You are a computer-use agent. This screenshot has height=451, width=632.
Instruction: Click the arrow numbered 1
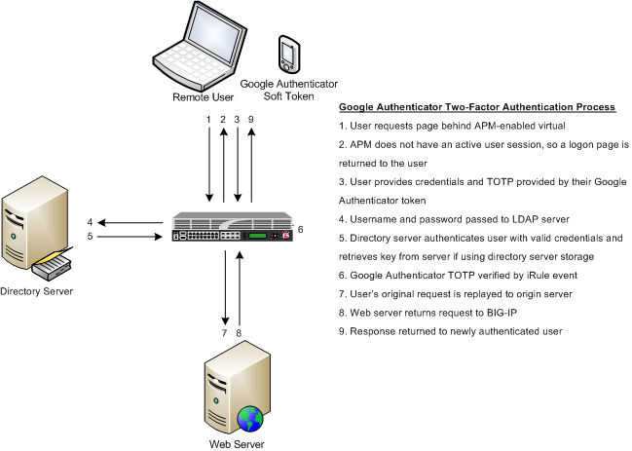tap(207, 164)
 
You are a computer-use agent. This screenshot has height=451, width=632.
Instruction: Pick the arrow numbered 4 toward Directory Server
tap(128, 222)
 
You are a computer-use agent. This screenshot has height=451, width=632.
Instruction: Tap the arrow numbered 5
tap(128, 235)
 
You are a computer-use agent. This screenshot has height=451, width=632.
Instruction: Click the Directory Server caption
tap(36, 290)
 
